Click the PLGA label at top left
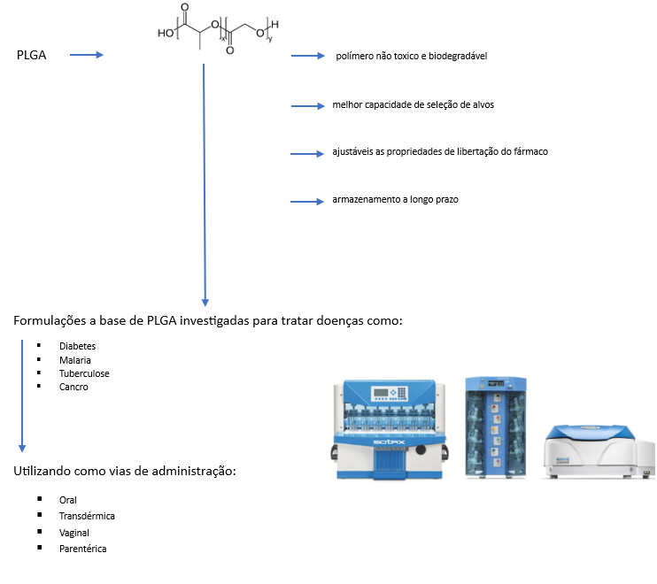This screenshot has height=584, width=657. click(x=32, y=56)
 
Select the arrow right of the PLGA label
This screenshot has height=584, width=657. click(x=87, y=56)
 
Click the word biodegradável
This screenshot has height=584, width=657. click(x=458, y=57)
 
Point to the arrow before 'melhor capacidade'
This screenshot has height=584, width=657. click(x=308, y=105)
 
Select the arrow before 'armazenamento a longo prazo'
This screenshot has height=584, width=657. click(x=308, y=201)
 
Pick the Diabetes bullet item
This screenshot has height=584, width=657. click(x=77, y=346)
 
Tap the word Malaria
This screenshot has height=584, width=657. click(x=75, y=360)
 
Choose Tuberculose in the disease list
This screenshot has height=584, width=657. click(x=84, y=373)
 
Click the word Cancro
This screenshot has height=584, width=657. click(x=73, y=387)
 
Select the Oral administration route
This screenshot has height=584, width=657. click(x=68, y=500)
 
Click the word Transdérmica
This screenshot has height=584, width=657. click(x=87, y=516)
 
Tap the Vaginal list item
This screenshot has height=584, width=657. click(x=74, y=533)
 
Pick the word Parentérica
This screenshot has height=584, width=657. click(x=82, y=549)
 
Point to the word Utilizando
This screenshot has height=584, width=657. click(x=41, y=472)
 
